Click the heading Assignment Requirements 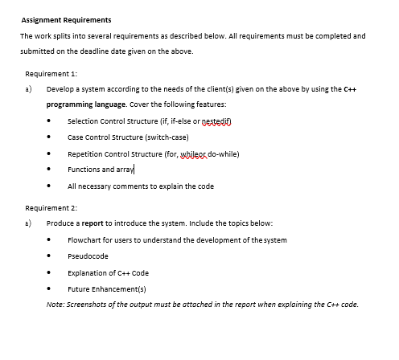pyautogui.click(x=66, y=19)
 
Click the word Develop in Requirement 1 pyautogui.click(x=60, y=90)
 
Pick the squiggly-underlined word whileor pyautogui.click(x=184, y=153)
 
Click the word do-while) pyautogui.click(x=221, y=153)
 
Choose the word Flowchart pyautogui.click(x=85, y=239)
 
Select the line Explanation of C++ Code pyautogui.click(x=108, y=272)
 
